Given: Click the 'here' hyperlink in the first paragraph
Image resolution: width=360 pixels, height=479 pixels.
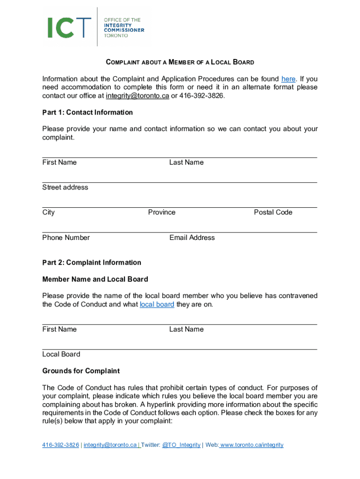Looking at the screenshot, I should point(288,79).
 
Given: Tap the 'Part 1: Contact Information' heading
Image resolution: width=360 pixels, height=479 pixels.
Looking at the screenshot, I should point(87,112).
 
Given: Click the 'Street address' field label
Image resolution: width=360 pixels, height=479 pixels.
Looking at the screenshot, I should point(65,187).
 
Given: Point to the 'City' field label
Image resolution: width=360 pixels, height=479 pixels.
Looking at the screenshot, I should point(48,212).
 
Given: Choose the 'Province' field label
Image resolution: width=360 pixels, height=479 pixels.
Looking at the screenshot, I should point(162,212).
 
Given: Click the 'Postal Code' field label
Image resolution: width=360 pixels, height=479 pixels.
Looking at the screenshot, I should point(273,212).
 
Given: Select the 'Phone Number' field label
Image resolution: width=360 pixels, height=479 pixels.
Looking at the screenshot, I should point(66,238).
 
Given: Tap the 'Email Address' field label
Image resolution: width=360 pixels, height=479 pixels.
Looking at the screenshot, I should point(192,238).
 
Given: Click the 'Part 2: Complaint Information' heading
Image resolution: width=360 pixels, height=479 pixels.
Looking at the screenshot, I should point(92,262).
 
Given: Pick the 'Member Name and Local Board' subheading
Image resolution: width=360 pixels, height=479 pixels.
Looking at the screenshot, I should point(95,279).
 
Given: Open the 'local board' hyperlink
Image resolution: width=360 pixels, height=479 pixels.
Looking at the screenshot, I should point(157,305).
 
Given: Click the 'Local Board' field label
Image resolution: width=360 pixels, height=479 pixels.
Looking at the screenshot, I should point(61,354).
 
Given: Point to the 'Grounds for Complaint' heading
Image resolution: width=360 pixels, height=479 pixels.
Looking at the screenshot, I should point(81,371).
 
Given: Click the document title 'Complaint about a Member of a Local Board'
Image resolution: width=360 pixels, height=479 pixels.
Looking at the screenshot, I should point(180,62).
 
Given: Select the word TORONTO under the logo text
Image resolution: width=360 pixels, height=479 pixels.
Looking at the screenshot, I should point(115,36).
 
